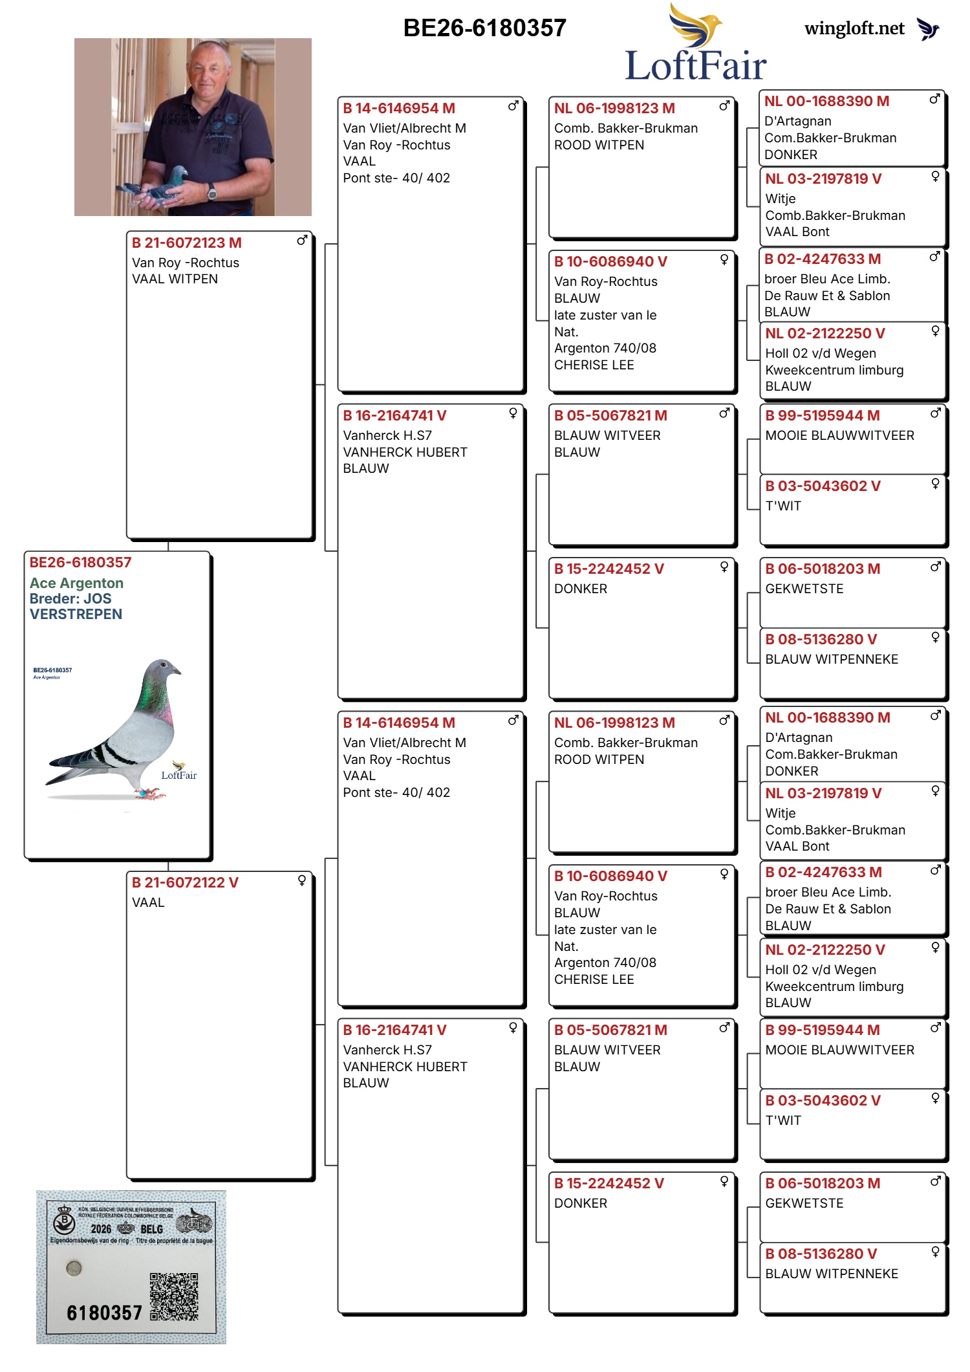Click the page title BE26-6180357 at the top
(484, 28)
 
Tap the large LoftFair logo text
(696, 66)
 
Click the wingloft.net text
(854, 28)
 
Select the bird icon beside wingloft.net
(928, 29)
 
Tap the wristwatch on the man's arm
(211, 191)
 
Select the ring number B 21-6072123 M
(186, 243)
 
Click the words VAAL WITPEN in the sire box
(175, 279)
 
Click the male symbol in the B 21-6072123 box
(302, 241)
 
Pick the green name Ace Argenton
(76, 583)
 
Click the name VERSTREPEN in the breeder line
(76, 615)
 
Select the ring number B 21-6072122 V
(185, 883)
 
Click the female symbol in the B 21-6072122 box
(302, 880)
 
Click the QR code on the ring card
(174, 1296)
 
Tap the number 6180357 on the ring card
(104, 1313)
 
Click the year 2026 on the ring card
(101, 1229)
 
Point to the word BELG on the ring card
(151, 1229)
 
